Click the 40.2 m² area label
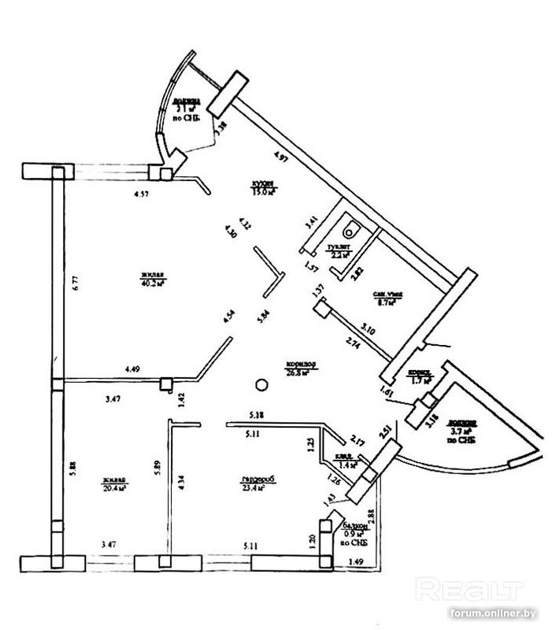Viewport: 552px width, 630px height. pyautogui.click(x=152, y=283)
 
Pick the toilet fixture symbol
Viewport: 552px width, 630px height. pyautogui.click(x=350, y=229)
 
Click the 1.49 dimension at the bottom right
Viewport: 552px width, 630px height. pyautogui.click(x=356, y=561)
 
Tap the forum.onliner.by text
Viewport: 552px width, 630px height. pyautogui.click(x=497, y=613)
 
